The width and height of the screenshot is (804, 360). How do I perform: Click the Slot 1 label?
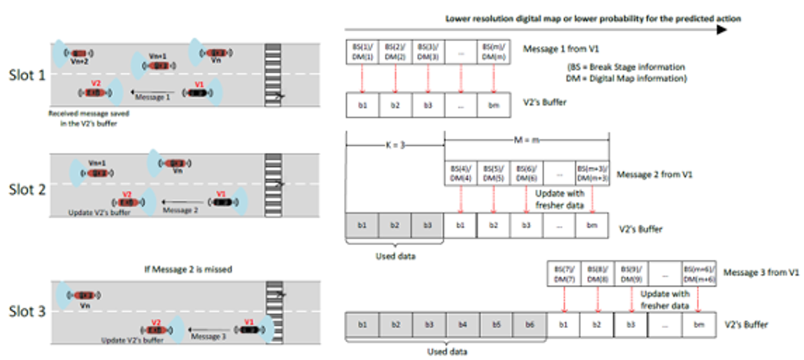tap(27, 75)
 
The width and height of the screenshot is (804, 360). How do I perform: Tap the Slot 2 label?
tap(27, 189)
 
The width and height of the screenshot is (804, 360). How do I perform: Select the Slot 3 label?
tap(27, 312)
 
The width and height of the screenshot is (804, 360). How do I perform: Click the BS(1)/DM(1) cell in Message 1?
tap(362, 52)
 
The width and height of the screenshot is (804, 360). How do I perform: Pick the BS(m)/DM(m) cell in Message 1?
tap(494, 52)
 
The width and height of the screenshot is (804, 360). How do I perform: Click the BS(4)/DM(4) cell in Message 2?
tap(461, 173)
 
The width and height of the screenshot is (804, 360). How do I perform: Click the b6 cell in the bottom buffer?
tap(529, 325)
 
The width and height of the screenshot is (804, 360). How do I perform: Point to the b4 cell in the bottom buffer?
tap(463, 325)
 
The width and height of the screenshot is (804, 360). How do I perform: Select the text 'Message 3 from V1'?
tap(761, 272)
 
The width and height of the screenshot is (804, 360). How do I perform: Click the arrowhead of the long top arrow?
tap(721, 29)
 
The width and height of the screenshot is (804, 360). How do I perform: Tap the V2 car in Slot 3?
tap(154, 330)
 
